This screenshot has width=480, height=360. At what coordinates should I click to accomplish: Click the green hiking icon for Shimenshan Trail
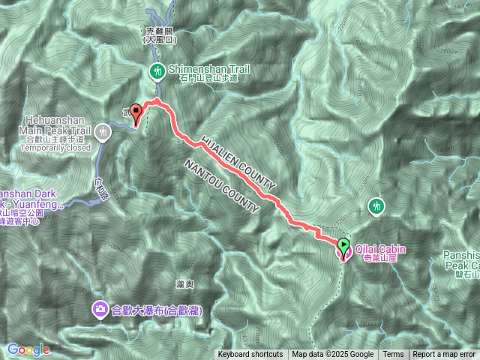(x=157, y=70)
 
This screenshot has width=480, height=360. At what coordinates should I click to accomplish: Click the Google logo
(x=28, y=349)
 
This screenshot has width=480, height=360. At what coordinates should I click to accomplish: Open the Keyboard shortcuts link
(x=250, y=355)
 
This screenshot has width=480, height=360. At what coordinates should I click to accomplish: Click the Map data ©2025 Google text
(x=333, y=355)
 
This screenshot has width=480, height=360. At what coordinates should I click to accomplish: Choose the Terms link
(x=393, y=355)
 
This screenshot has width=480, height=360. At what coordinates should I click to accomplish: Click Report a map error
(x=444, y=355)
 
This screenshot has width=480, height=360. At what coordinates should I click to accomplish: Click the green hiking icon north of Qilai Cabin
(x=376, y=205)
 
